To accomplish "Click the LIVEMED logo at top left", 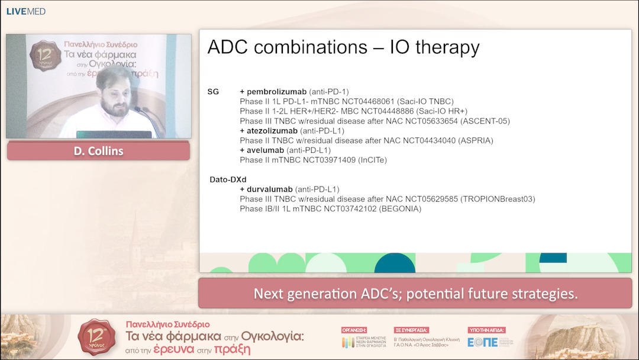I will click(25, 11).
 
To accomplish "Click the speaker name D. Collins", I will click(98, 150).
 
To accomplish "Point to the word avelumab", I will click(265, 150).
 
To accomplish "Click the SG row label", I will click(213, 92).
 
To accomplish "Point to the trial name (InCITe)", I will click(370, 160).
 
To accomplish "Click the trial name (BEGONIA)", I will click(400, 209).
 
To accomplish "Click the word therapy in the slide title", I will click(443, 47).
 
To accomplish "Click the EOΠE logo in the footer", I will click(482, 342).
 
